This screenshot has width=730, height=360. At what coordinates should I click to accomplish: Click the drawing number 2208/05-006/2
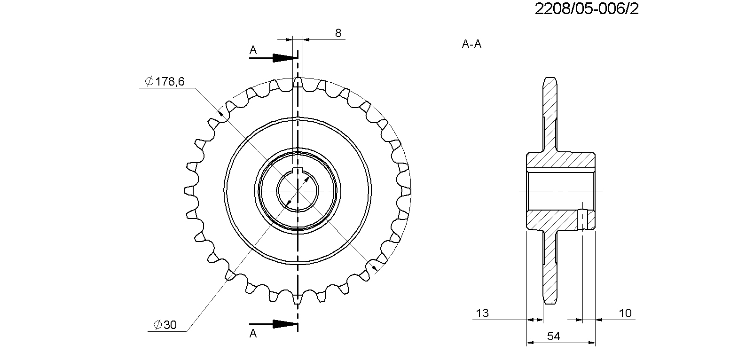click(587, 9)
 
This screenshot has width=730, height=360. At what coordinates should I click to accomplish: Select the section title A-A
click(471, 44)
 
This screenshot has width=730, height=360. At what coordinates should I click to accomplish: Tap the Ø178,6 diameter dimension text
click(165, 81)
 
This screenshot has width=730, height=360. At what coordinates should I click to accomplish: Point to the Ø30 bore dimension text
click(165, 324)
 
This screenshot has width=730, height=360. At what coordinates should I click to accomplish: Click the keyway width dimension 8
click(338, 33)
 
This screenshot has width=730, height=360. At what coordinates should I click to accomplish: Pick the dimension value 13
click(482, 313)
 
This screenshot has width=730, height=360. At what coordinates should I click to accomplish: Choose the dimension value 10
click(625, 313)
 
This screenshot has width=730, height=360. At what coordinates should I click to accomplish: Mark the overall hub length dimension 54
click(553, 336)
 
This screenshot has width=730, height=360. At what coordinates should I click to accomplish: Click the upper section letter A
click(253, 50)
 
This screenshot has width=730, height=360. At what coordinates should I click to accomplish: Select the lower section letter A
click(253, 334)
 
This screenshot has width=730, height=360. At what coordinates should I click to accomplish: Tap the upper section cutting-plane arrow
click(273, 58)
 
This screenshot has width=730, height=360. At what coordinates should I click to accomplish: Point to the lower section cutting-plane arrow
click(273, 324)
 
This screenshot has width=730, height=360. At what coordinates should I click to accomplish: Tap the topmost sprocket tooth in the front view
click(298, 82)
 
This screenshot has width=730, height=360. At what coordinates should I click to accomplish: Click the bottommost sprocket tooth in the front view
click(297, 299)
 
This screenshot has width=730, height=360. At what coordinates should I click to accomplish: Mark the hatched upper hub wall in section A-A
click(560, 160)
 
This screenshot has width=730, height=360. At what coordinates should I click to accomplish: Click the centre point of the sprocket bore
click(298, 191)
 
